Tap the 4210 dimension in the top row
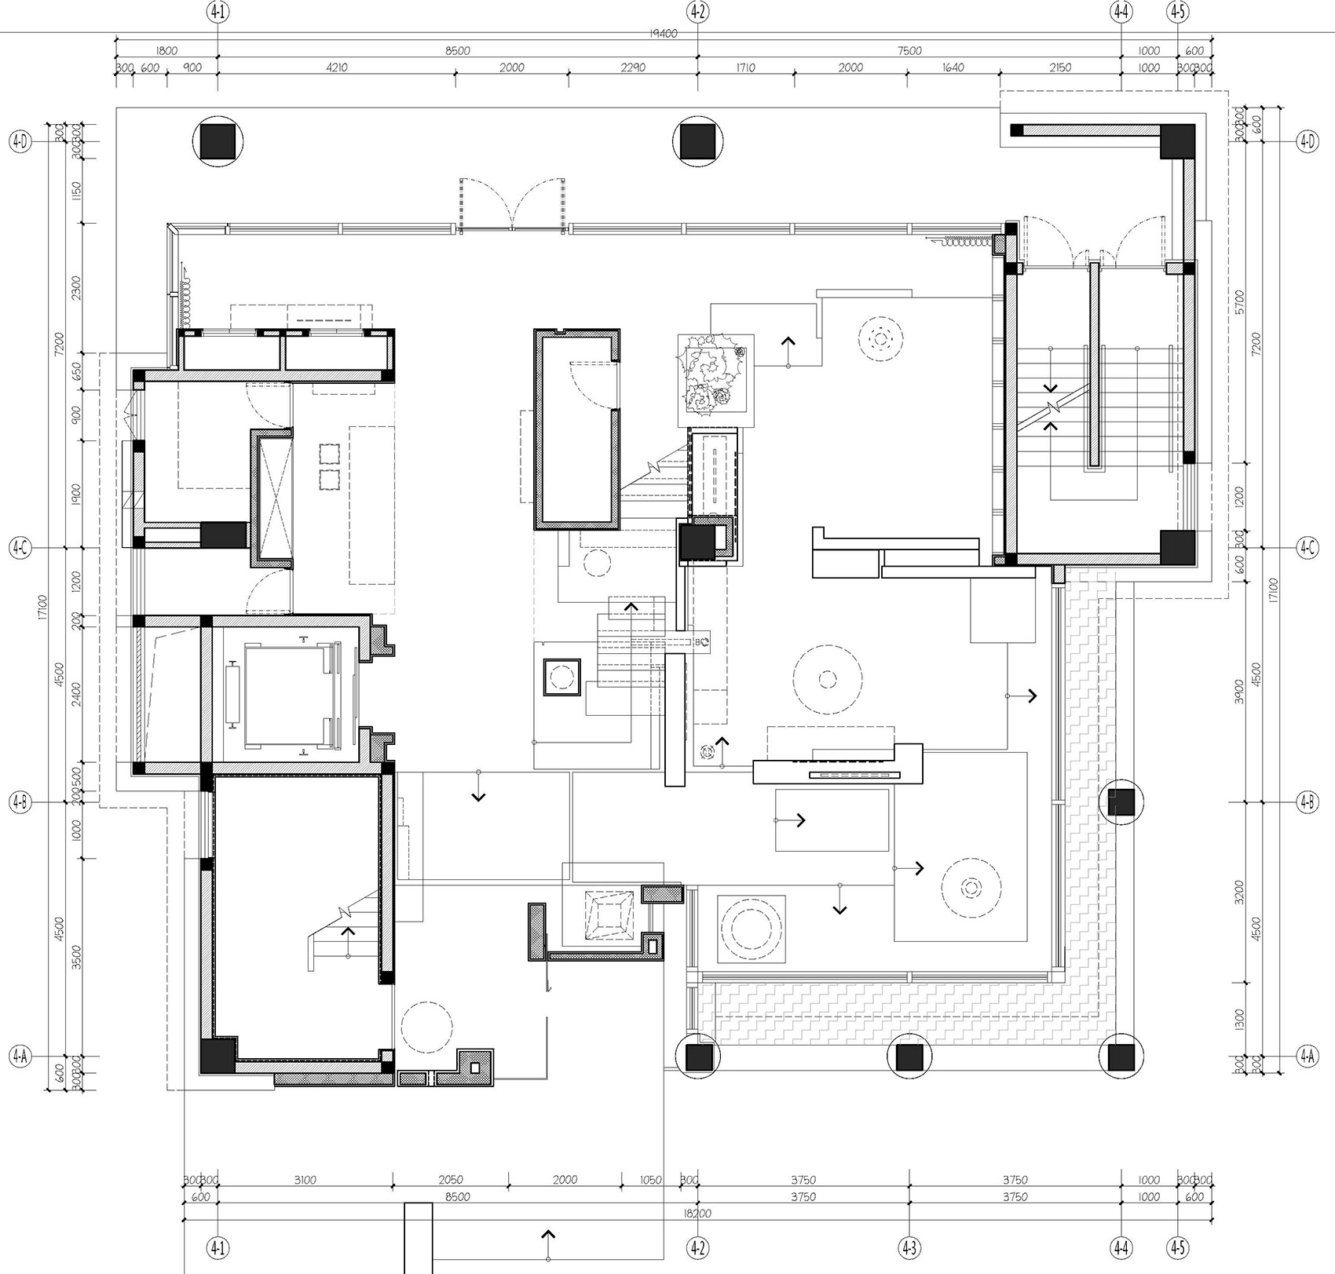tap(336, 68)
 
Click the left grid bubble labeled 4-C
tap(20, 548)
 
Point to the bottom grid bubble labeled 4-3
tap(909, 1247)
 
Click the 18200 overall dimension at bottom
tap(697, 1214)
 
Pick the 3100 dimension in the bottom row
tap(305, 1180)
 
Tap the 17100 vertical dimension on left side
tap(42, 607)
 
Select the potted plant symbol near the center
tap(715, 380)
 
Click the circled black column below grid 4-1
tap(218, 141)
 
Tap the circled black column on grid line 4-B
tap(1121, 802)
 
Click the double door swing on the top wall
tap(512, 205)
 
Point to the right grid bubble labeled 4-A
tap(1307, 1057)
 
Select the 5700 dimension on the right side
tap(1239, 301)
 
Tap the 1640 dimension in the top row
tap(952, 68)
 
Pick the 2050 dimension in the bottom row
tap(450, 1180)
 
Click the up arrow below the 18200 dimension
tap(547, 1239)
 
